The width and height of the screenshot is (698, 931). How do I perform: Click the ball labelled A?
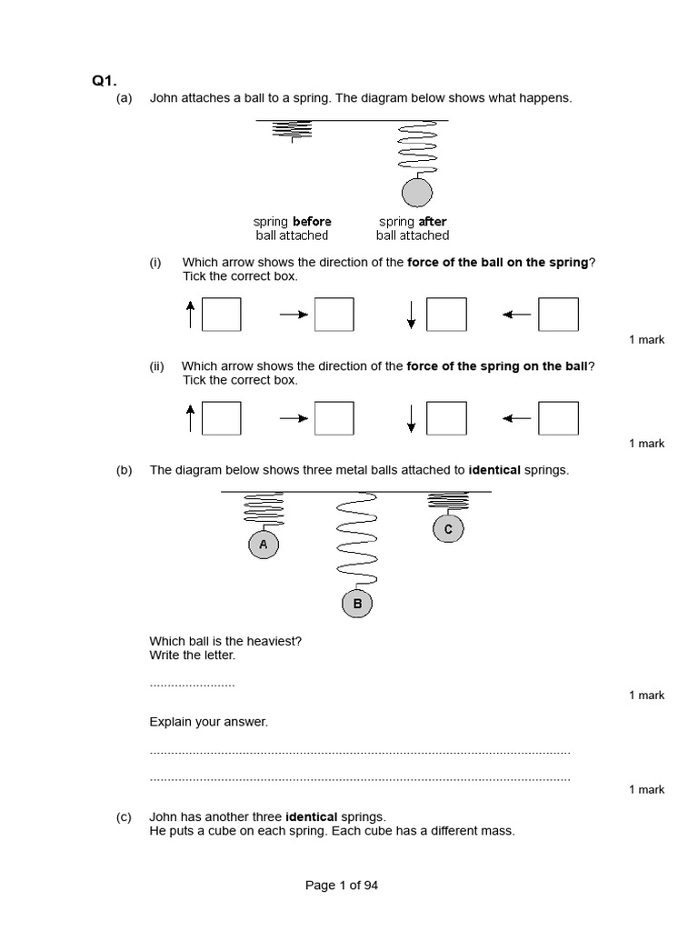click(263, 545)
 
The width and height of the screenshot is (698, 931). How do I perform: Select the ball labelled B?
click(357, 603)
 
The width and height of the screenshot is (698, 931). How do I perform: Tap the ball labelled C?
click(448, 528)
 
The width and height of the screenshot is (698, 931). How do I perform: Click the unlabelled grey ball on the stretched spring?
click(417, 193)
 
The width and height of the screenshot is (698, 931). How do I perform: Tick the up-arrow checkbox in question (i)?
click(222, 315)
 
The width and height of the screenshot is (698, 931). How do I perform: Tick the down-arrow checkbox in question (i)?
click(446, 315)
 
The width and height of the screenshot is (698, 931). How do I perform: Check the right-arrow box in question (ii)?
click(334, 418)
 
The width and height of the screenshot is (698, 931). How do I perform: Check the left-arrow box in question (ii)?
click(558, 418)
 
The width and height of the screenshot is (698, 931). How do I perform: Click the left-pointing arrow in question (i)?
click(516, 315)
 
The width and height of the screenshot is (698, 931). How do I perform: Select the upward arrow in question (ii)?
click(190, 418)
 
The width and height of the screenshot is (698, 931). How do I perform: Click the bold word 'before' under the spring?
click(312, 222)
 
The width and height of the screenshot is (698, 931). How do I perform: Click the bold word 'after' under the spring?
click(433, 222)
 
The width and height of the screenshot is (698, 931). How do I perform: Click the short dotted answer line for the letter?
click(192, 684)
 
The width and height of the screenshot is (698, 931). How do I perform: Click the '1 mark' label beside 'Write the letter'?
click(646, 696)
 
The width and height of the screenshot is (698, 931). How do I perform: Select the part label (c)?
click(125, 816)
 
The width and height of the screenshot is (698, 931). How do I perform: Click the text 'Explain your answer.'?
click(209, 722)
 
